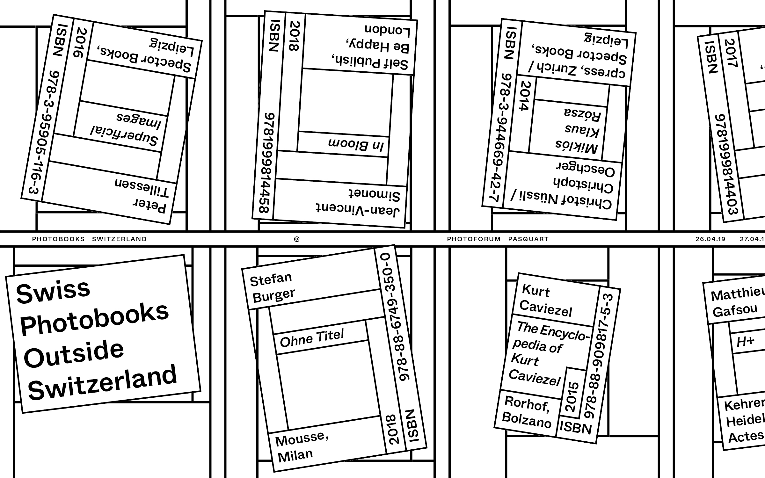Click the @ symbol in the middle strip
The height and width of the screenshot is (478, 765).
297,239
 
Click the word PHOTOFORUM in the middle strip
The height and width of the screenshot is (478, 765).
474,239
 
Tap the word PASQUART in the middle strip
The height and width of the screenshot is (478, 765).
528,239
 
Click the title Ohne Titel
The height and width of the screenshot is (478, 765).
312,338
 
